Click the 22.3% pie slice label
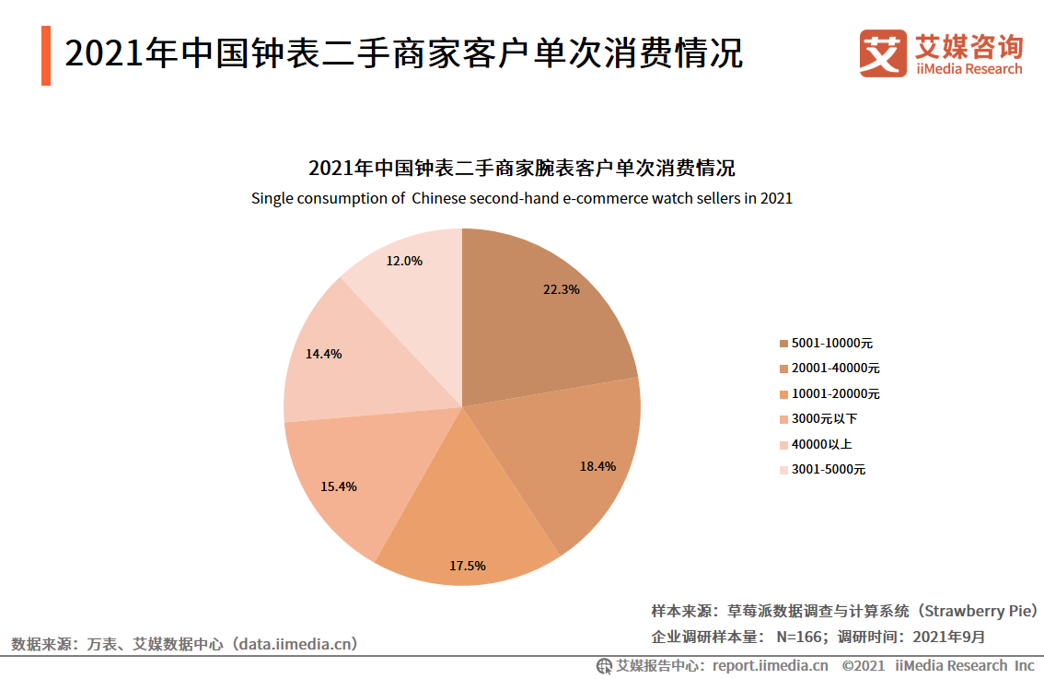pos(561,289)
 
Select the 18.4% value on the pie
pos(597,466)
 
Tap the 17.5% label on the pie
pos(467,566)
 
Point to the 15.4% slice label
pos(338,486)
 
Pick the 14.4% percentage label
pos(323,354)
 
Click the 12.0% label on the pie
pos(404,261)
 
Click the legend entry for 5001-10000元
pos(825,343)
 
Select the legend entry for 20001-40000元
pos(829,369)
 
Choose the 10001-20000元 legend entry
pos(829,393)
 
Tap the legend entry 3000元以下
pos(818,419)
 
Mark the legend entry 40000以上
pos(815,444)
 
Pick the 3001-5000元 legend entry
pos(821,470)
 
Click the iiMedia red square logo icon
pos(882,54)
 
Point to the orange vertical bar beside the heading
pos(45,55)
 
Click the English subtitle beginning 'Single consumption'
pos(521,198)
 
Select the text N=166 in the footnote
pos(799,637)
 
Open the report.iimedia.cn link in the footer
pos(770,665)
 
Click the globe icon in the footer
pos(604,665)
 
